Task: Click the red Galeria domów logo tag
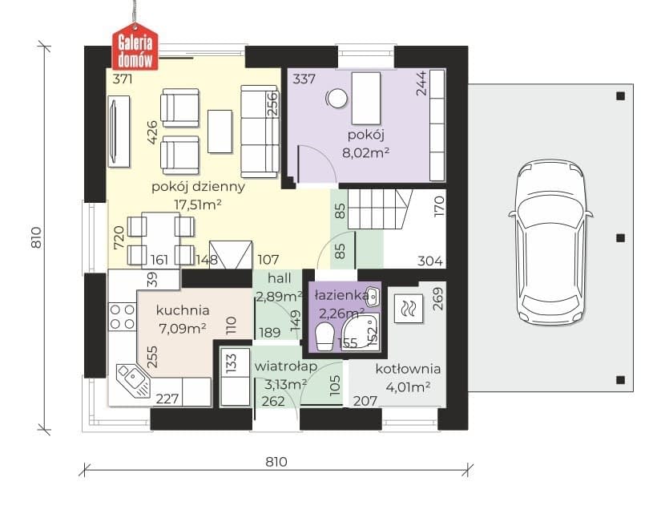point(135,47)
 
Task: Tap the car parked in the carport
point(550,242)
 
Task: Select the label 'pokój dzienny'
point(198,187)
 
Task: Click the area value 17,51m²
point(198,205)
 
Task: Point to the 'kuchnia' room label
point(183,310)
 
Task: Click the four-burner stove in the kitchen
point(123,317)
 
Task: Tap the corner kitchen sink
point(133,380)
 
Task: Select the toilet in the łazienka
point(325,337)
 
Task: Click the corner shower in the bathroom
point(361,332)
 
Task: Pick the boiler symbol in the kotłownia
point(409,308)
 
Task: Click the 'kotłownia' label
point(408,369)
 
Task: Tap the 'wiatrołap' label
point(285,366)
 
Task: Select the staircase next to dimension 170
point(380,209)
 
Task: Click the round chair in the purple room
point(337,99)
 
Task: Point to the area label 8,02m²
point(365,153)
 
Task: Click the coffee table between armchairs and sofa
point(220,132)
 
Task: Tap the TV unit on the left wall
point(119,132)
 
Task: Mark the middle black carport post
point(620,238)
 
